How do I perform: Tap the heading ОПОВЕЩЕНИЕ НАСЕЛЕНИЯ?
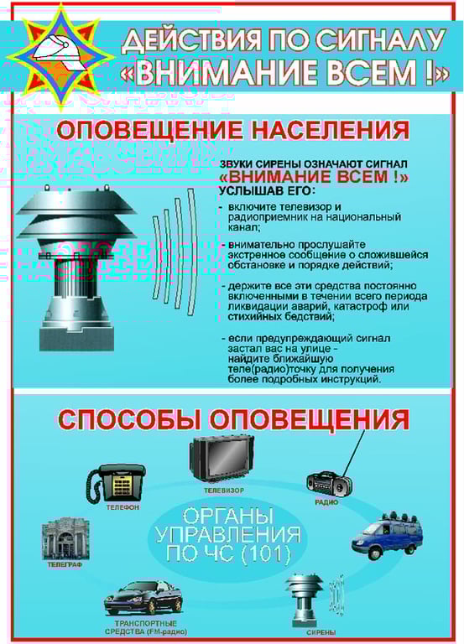pyautogui.click(x=232, y=132)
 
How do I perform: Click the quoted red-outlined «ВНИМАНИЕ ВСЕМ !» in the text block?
pyautogui.click(x=314, y=178)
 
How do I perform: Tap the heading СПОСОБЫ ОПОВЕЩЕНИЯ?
pyautogui.click(x=232, y=418)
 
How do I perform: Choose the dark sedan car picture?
pyautogui.click(x=143, y=596)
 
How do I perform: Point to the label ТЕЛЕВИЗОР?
pyautogui.click(x=223, y=489)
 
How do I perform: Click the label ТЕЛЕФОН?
pyautogui.click(x=123, y=508)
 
